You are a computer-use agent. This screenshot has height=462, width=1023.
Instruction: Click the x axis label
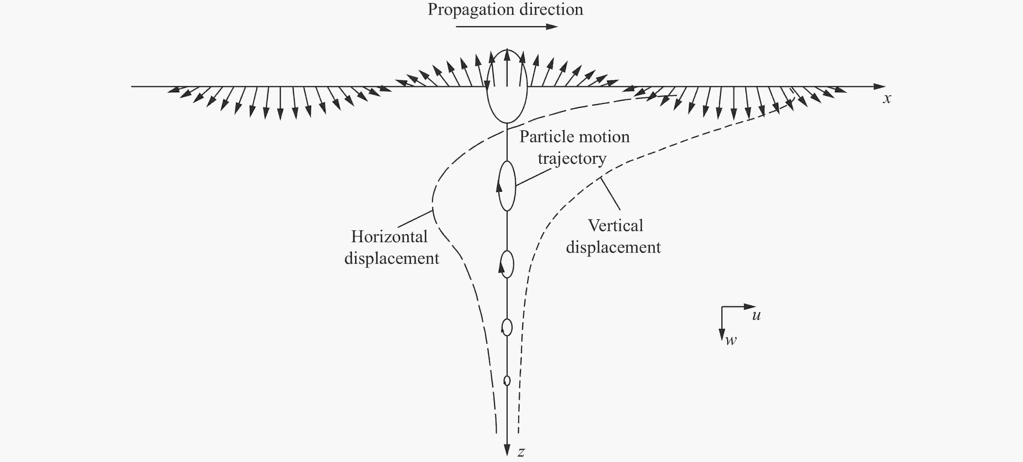coord(887,98)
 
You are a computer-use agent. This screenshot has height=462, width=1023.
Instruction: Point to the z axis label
coord(521,452)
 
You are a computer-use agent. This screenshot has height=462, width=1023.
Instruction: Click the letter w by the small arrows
coord(731,340)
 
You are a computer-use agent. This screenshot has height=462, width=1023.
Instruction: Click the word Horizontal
coord(389,237)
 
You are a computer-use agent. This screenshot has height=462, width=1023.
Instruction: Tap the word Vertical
coord(615,226)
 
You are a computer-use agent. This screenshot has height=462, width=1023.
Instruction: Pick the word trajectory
coord(572,159)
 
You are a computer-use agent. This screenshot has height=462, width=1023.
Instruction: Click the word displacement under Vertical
coord(614,247)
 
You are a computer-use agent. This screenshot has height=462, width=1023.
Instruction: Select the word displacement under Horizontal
coord(392,258)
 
